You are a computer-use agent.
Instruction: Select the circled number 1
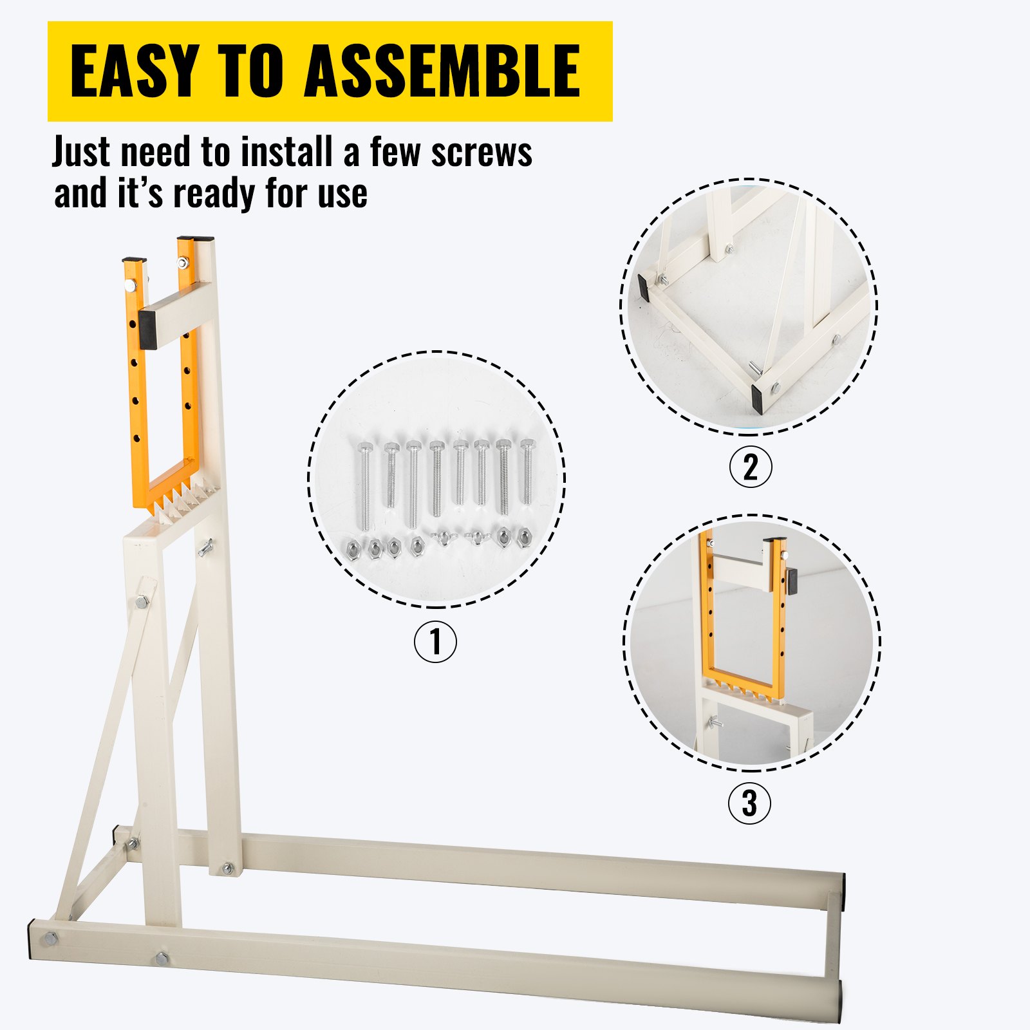click(x=435, y=641)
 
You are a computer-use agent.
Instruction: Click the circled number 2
click(x=750, y=467)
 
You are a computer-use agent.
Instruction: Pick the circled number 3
click(x=749, y=803)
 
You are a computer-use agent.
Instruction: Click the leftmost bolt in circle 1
click(x=364, y=483)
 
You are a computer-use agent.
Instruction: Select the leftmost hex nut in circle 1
click(x=353, y=548)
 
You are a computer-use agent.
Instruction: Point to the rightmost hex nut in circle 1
click(x=524, y=536)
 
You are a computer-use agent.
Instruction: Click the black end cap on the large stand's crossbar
click(x=147, y=329)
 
